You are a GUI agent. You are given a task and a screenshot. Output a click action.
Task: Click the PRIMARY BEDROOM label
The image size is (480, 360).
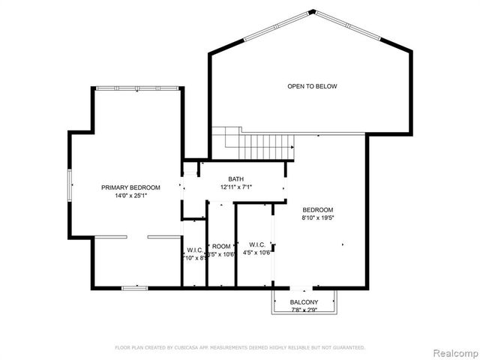click(131, 187)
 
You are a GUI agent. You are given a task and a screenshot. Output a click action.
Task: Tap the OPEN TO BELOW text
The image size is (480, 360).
click(312, 86)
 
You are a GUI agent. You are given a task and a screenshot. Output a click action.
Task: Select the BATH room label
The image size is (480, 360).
click(236, 179)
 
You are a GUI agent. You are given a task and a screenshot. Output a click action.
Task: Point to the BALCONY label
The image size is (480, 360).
click(304, 302)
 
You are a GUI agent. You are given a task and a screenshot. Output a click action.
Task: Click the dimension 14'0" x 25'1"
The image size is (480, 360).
click(131, 195)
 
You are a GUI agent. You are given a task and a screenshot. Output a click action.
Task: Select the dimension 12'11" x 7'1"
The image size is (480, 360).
click(236, 187)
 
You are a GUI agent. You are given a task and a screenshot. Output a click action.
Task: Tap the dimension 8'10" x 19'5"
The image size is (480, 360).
click(318, 217)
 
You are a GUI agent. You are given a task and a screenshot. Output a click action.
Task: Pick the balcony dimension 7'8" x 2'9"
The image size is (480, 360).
click(304, 310)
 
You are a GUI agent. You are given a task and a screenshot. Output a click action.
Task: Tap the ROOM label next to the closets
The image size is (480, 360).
click(221, 246)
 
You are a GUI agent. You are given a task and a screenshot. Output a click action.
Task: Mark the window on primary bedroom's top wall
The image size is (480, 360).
click(137, 88)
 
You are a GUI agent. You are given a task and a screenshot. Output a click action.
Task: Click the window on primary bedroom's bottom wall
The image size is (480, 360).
click(134, 287)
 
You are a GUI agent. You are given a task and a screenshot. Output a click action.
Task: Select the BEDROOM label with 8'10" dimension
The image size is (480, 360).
click(318, 209)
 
